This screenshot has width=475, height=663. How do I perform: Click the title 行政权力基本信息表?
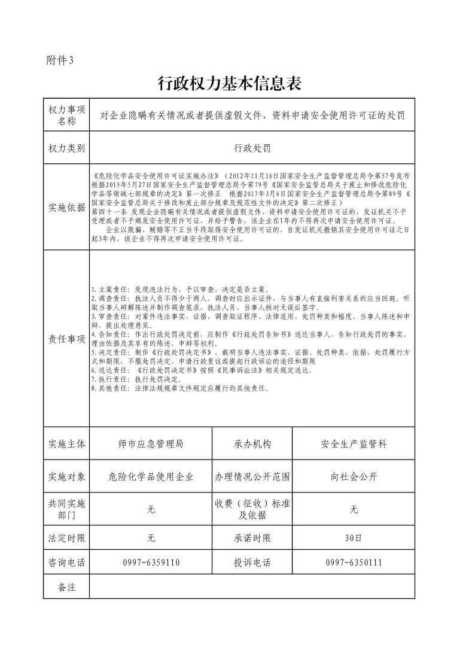[229, 84]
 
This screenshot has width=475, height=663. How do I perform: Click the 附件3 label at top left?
[59, 60]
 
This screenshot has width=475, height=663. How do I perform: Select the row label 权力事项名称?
[66, 115]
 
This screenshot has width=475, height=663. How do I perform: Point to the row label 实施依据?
[66, 208]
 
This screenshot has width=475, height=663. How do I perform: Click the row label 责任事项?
[66, 339]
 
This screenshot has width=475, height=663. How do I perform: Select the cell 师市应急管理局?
[151, 444]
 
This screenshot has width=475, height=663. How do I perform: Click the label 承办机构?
[252, 444]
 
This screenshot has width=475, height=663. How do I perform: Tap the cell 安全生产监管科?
[354, 444]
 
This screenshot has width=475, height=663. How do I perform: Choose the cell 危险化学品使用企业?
[151, 477]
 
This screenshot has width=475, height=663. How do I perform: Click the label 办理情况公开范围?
[252, 477]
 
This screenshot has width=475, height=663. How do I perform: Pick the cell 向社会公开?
[354, 477]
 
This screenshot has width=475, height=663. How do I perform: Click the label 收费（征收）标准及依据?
[252, 509]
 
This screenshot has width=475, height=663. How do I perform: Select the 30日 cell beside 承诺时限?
[354, 538]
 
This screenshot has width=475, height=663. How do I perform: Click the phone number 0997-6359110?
[151, 562]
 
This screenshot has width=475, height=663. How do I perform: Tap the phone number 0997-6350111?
[354, 562]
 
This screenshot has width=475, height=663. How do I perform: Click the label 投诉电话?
[252, 562]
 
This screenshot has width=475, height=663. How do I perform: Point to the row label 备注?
[66, 587]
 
